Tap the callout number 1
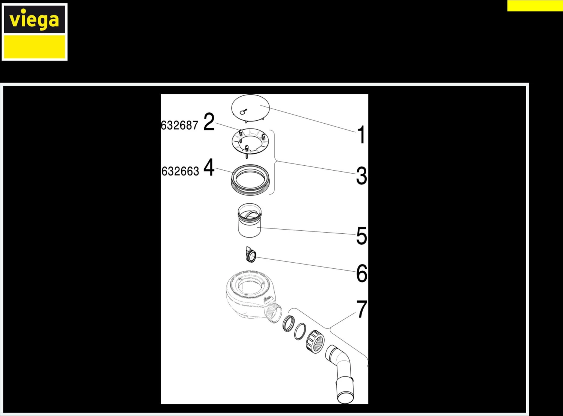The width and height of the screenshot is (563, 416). click(x=361, y=135)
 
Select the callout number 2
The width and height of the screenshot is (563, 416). click(x=209, y=122)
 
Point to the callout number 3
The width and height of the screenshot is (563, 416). click(x=361, y=175)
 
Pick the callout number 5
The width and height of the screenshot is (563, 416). click(x=361, y=236)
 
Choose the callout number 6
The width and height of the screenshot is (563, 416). click(x=361, y=273)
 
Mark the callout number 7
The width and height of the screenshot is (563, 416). click(x=362, y=309)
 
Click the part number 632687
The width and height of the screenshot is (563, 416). click(x=179, y=125)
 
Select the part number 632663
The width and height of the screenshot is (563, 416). click(x=180, y=171)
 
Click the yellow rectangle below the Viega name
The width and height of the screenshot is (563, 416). click(x=34, y=47)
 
